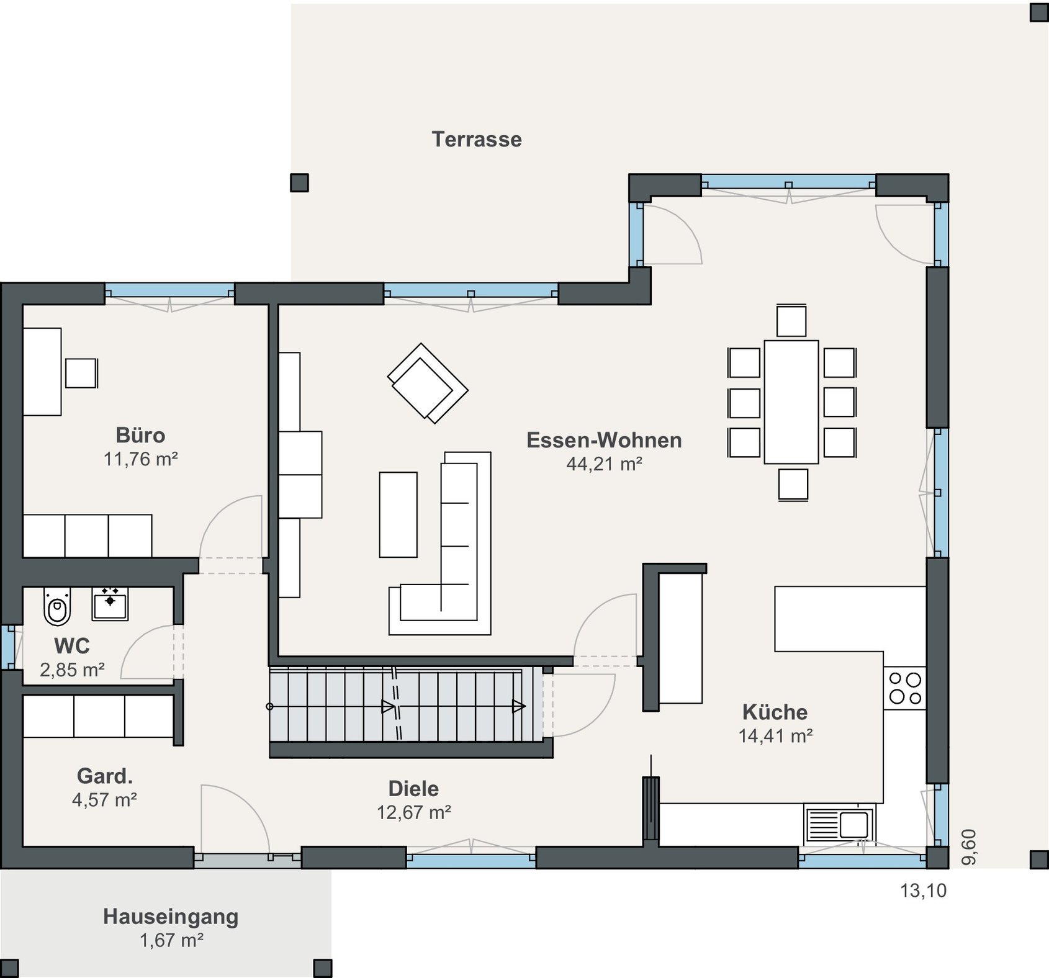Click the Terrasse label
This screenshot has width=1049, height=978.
click(477, 139)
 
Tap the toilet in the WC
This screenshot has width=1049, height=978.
click(58, 606)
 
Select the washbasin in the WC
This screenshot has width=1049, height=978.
click(110, 603)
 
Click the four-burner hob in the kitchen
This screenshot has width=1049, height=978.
click(904, 688)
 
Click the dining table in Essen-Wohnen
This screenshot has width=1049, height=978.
click(791, 402)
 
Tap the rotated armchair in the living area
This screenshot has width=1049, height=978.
click(428, 383)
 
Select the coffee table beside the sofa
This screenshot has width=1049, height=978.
click(398, 514)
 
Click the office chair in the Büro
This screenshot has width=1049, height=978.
click(81, 373)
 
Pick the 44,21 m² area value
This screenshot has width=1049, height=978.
click(604, 464)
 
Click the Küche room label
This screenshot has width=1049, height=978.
click(775, 712)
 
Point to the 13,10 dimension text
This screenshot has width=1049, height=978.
click(924, 891)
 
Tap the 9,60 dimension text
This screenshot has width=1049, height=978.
click(969, 846)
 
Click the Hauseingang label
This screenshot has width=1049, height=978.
click(171, 917)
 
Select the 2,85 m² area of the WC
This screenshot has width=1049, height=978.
click(72, 670)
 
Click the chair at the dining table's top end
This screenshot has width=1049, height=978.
click(791, 321)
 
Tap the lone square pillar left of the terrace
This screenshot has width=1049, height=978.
click(299, 182)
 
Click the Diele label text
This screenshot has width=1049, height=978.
click(413, 789)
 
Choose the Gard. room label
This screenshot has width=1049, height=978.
click(105, 776)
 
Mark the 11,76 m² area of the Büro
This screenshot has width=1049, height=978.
click(141, 459)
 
